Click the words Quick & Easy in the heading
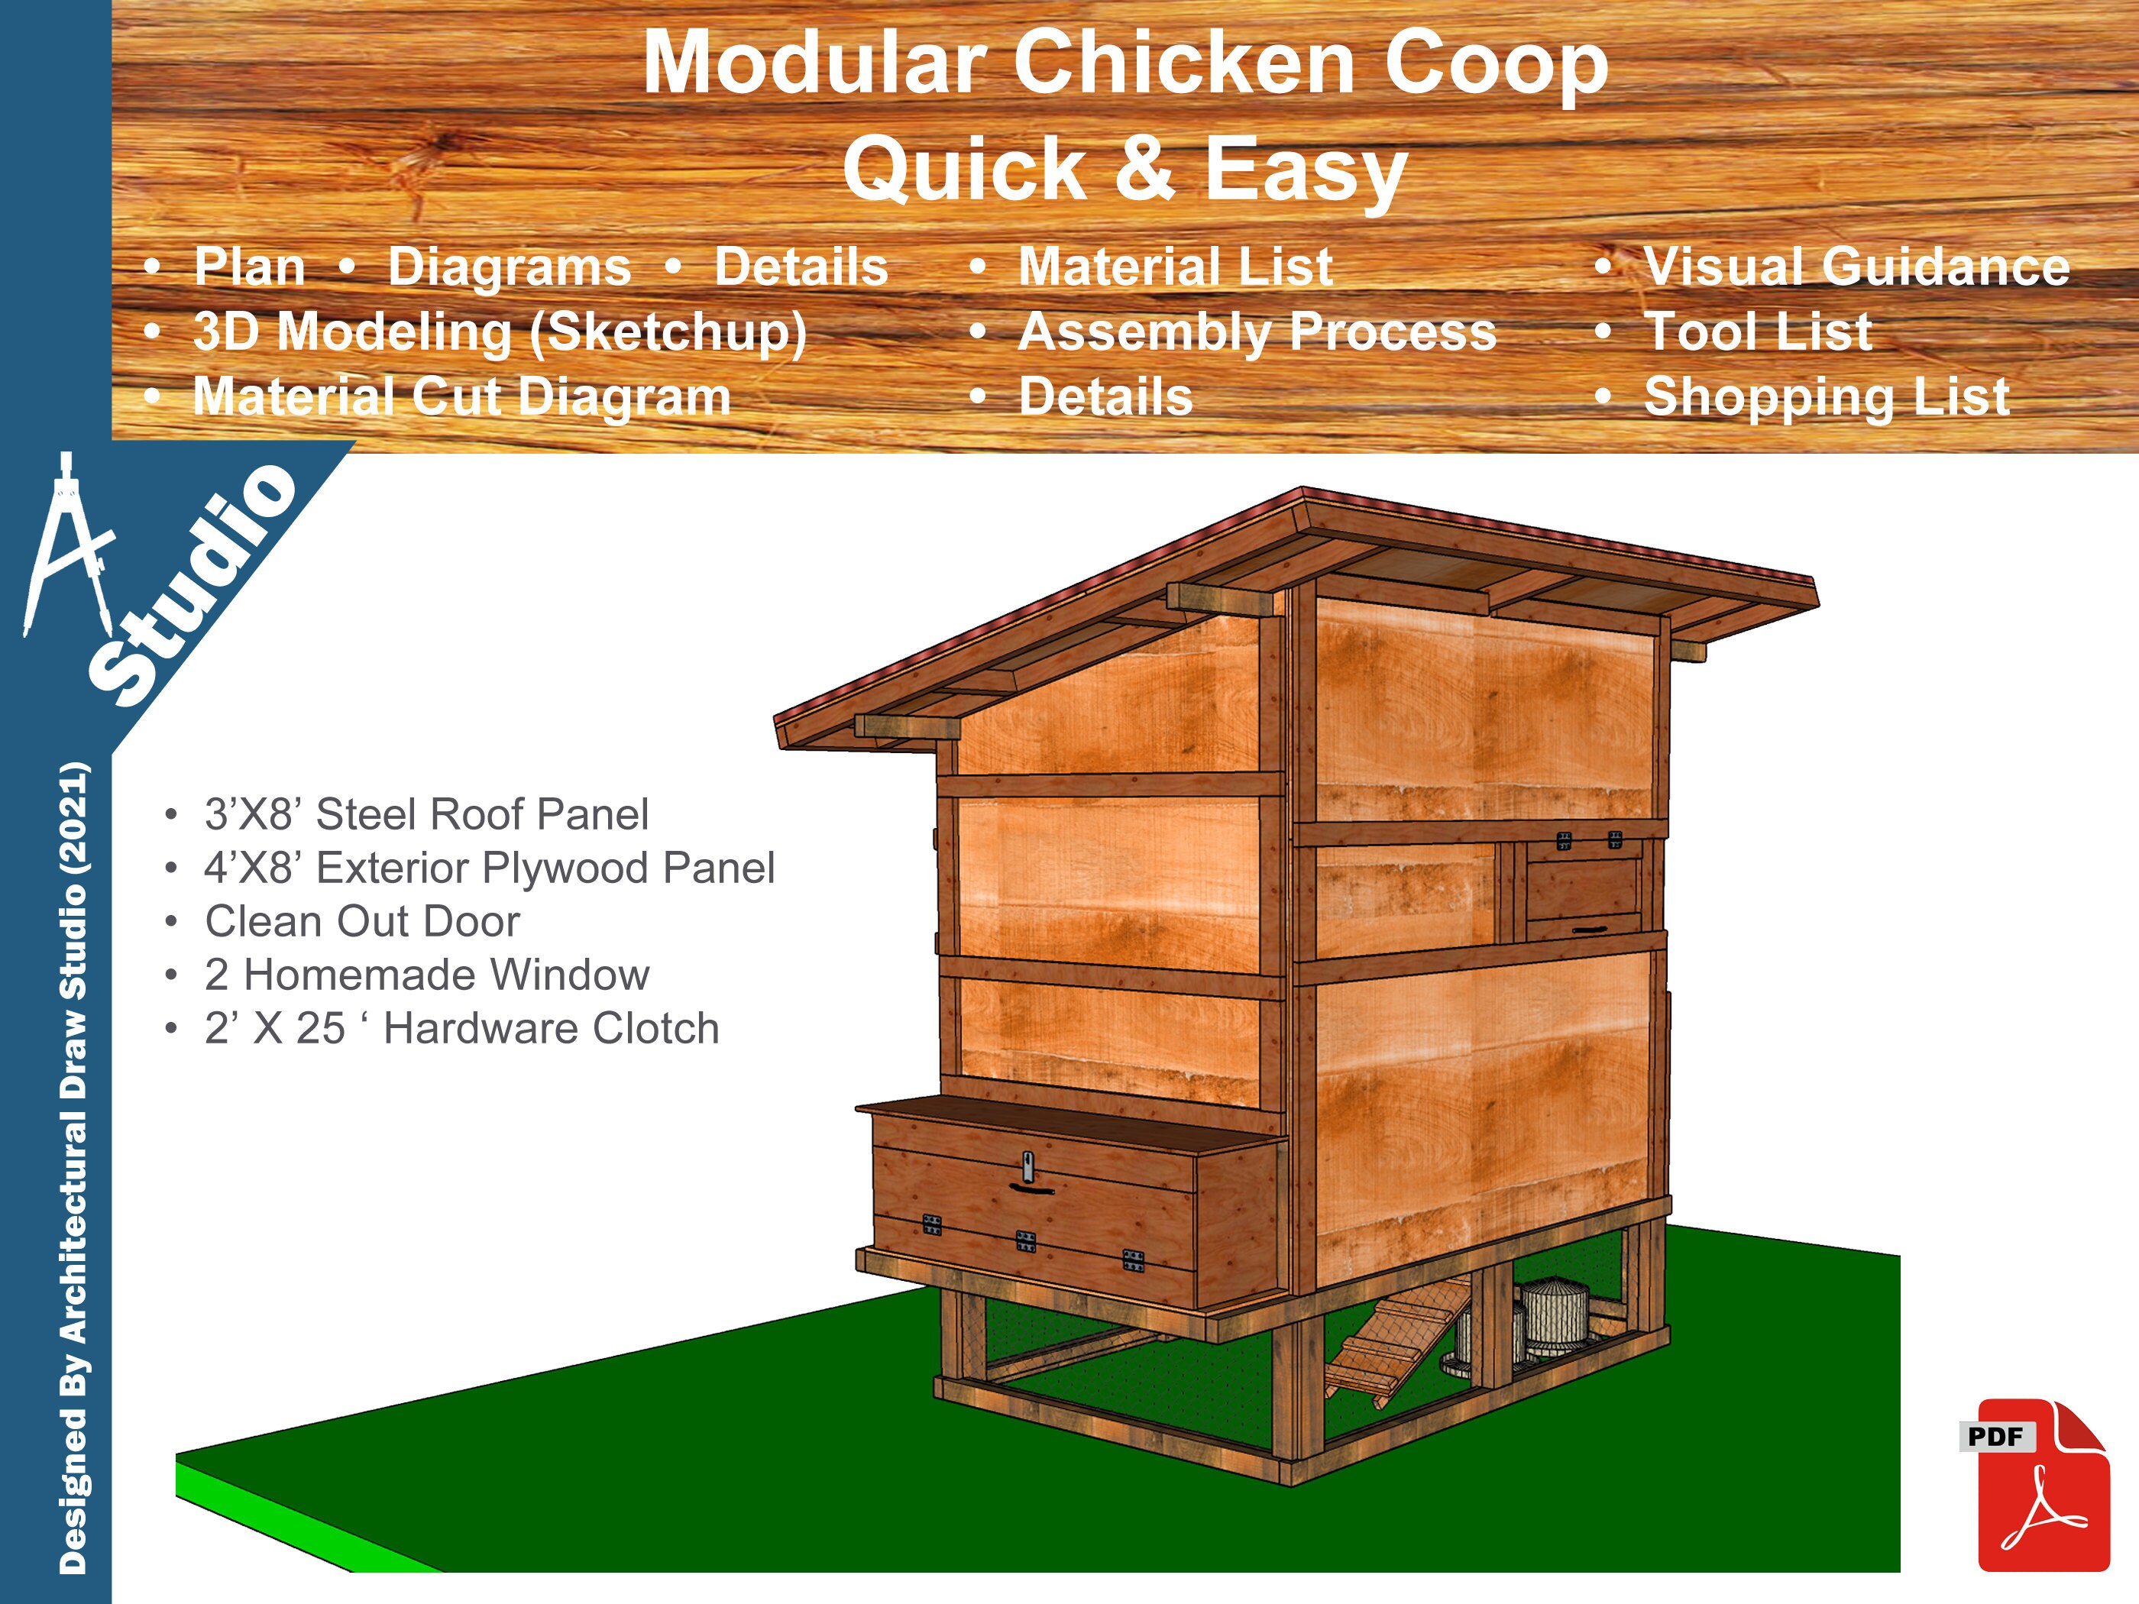pos(1125,167)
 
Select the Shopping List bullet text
pos(1827,396)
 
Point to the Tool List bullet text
pos(1758,331)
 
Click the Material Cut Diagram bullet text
pos(461,396)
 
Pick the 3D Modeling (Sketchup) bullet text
pos(500,331)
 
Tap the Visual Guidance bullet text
pos(1856,266)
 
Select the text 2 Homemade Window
pos(426,975)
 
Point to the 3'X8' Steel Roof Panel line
pos(426,814)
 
